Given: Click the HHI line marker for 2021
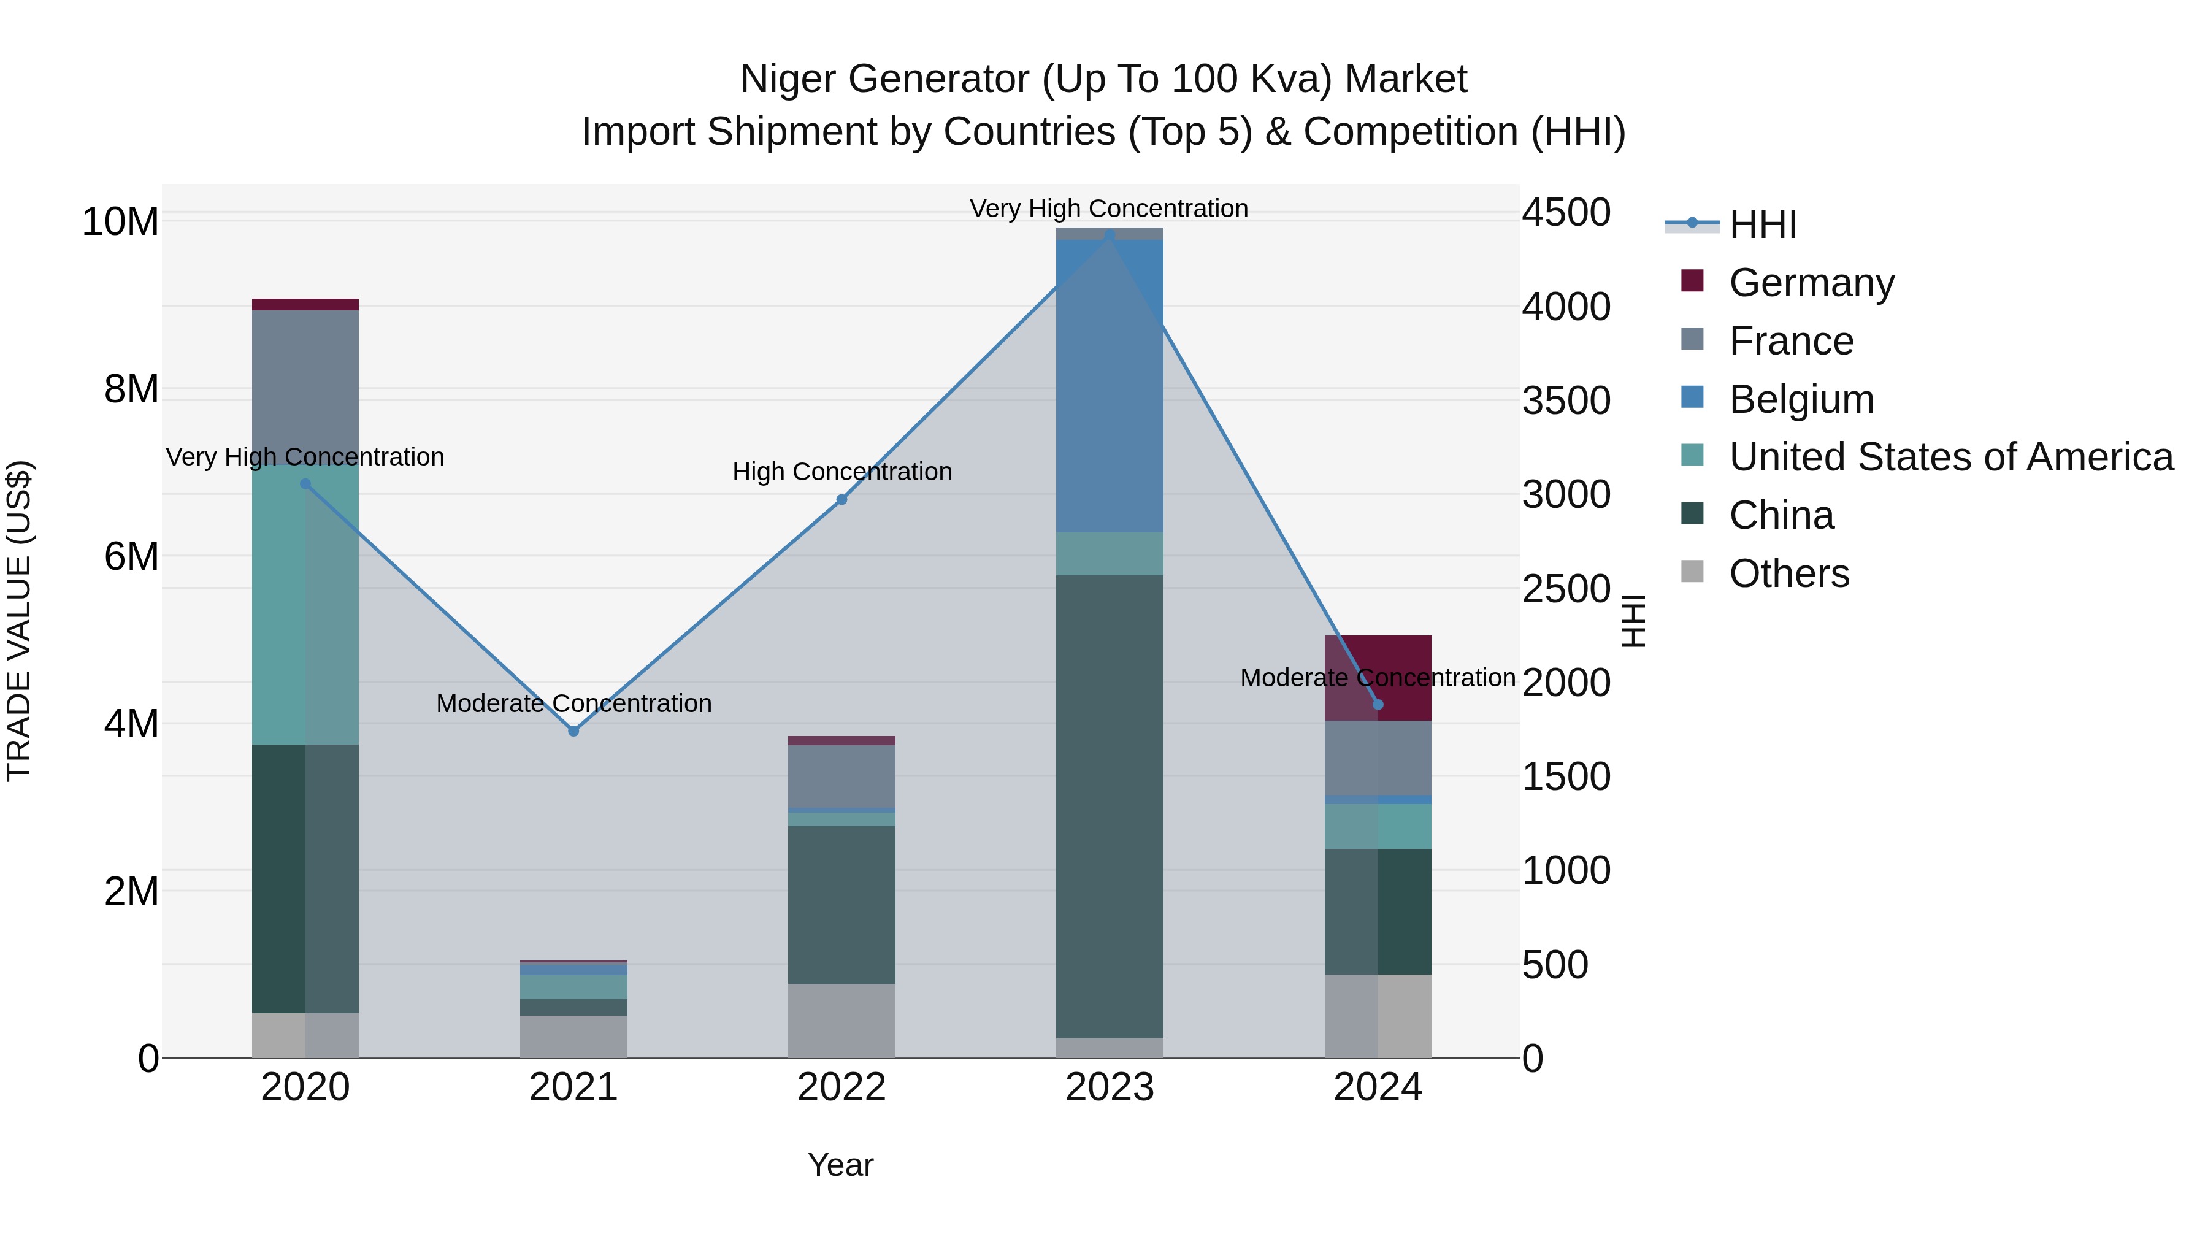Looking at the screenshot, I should point(573,731).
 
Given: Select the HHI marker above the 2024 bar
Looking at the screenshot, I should point(1378,705).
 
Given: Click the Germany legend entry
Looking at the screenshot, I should point(1811,283).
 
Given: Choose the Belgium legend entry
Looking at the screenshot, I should point(1800,399).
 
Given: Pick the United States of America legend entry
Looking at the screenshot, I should point(1950,457).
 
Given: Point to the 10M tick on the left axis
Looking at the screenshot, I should point(120,222).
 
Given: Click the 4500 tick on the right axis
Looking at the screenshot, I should point(1566,213).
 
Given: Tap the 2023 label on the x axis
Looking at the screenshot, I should point(1109,1087).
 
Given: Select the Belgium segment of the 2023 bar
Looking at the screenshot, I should point(1109,386).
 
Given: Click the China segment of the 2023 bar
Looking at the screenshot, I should point(1109,806).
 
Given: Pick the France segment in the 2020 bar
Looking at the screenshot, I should point(305,386).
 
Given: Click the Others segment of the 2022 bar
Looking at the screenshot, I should point(841,1020).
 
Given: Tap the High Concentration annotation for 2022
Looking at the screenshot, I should point(841,472).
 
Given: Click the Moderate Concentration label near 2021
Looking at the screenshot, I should point(573,703).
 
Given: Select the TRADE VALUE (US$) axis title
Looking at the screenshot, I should point(19,621).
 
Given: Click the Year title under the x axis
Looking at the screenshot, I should point(840,1165).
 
